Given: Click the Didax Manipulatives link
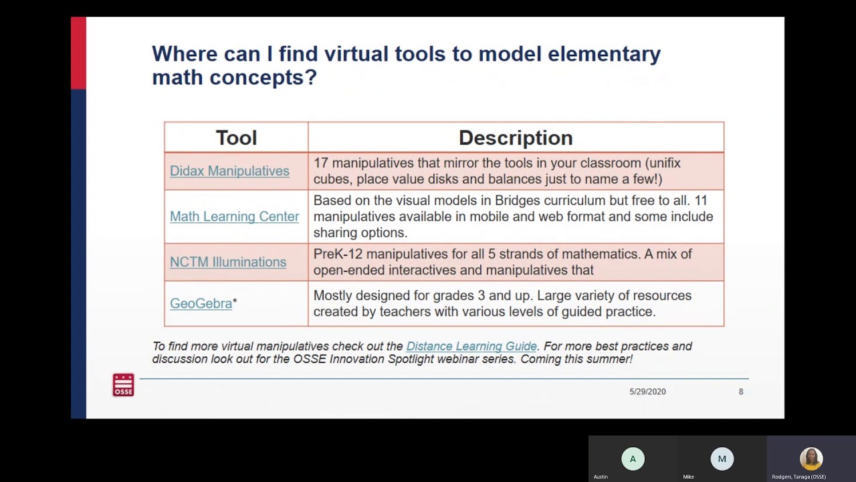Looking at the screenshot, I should coord(229,171).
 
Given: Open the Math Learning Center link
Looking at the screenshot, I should coord(234,216).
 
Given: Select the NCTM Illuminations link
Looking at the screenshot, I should coord(228,262).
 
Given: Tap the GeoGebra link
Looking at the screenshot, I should coord(201,303).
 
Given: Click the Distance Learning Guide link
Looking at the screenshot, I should coord(471,346).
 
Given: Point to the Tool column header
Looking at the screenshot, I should coord(236,138).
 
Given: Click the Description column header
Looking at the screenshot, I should coord(516,138).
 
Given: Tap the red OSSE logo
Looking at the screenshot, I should coord(123,385).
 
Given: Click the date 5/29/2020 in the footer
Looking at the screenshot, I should coord(647,392).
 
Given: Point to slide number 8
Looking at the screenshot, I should coord(741,392).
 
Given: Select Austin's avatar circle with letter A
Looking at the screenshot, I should coord(633,459).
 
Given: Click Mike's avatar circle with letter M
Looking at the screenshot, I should coord(722,459).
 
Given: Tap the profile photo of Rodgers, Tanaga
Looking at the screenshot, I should coord(811,459).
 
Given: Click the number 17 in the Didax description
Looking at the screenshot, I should coord(320,163).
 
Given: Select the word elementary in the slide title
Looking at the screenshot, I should coord(604,54).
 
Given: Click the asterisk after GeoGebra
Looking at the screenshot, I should coord(235,303).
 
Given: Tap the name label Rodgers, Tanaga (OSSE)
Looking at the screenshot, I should coord(798,477).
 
